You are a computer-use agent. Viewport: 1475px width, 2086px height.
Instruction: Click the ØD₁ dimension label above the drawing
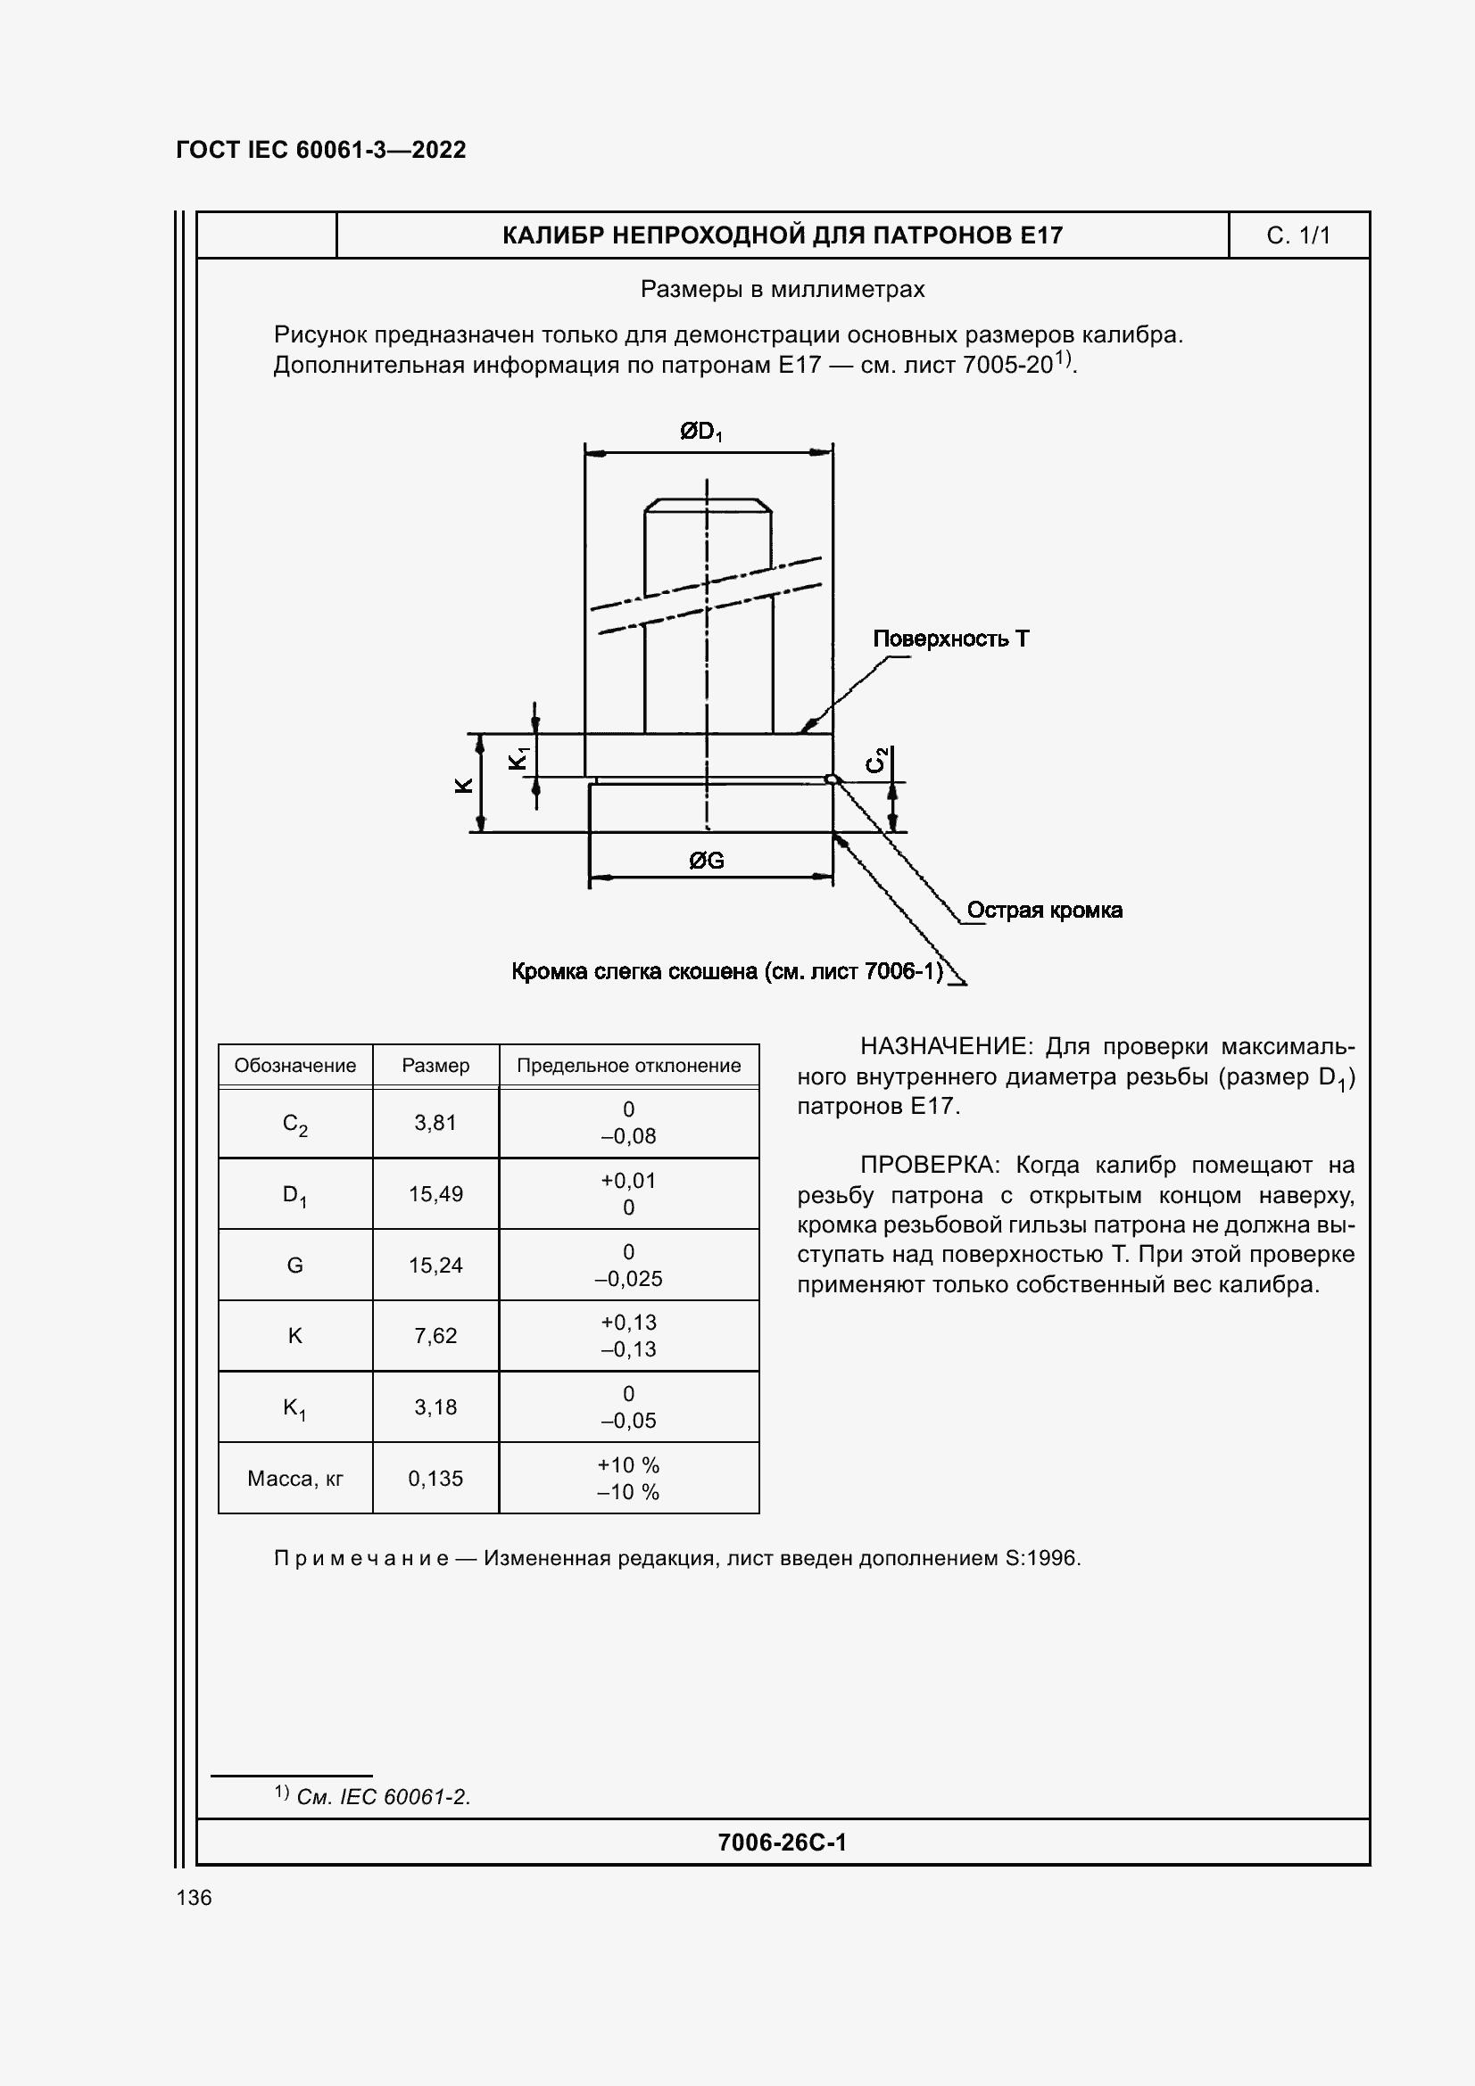pos(700,432)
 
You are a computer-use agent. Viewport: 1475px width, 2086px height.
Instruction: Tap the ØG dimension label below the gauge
pos(706,860)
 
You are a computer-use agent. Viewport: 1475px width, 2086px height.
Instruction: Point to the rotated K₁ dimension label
pos(518,757)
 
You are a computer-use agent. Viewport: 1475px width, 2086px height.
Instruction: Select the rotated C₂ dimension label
pos(876,760)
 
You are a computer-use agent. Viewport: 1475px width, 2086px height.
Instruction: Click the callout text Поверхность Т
pos(950,639)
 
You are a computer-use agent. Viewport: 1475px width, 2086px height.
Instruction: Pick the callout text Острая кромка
pos(1044,910)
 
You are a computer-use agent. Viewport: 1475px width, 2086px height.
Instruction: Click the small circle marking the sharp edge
pos(830,779)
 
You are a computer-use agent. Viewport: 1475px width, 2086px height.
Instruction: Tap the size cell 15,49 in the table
pos(435,1194)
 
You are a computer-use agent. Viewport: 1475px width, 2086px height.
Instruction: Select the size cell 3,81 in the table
pos(435,1123)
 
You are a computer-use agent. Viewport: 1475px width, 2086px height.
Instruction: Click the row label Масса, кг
pos(295,1478)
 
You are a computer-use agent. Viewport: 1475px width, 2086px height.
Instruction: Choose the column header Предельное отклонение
pos(629,1066)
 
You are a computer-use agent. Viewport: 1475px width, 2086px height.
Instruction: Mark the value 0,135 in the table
pos(435,1478)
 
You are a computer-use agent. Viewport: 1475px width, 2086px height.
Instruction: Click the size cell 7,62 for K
pos(435,1336)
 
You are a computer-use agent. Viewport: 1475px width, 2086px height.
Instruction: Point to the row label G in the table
pos(295,1265)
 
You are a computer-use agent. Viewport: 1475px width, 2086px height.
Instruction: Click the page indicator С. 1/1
pos(1297,236)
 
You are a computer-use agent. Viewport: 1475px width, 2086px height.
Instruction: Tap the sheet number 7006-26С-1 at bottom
pos(782,1842)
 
